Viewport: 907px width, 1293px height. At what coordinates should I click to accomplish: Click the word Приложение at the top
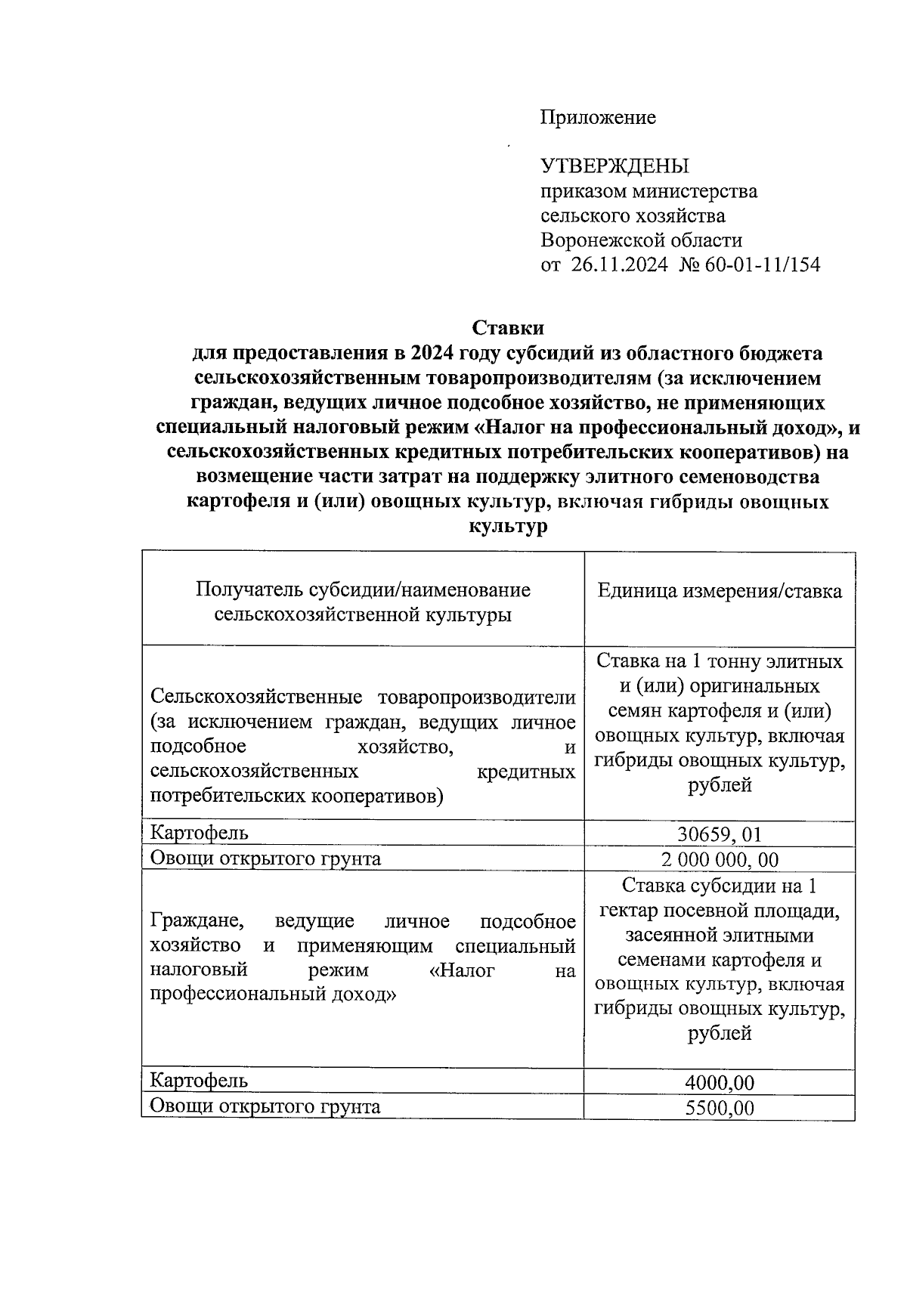598,117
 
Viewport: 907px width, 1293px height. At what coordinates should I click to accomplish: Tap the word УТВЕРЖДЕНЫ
614,166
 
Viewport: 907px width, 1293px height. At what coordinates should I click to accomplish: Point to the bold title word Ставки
508,328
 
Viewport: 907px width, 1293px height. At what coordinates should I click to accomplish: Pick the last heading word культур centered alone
508,527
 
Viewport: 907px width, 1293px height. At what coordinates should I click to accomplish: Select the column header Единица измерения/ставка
720,591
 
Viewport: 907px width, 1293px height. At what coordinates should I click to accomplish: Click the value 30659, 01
720,834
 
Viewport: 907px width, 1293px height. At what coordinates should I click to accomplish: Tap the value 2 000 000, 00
720,859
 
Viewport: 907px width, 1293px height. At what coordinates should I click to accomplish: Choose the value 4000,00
720,1082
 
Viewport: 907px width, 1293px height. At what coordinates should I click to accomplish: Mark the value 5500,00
720,1108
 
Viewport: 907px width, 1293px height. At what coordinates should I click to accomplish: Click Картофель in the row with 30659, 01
200,833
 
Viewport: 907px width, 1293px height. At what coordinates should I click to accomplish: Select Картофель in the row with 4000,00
200,1081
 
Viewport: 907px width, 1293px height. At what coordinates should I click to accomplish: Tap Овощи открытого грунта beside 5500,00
265,1106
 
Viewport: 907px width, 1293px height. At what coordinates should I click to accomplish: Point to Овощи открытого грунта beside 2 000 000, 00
265,858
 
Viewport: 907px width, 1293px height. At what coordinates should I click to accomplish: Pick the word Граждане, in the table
197,921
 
